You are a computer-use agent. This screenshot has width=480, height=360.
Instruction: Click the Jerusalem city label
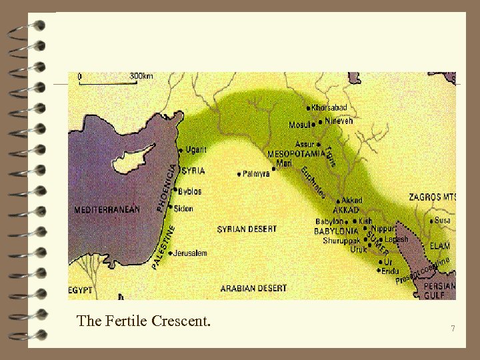pos(191,253)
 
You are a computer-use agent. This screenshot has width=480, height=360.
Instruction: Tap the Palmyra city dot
pos(239,174)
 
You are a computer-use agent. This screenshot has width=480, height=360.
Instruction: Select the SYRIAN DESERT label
pos(247,229)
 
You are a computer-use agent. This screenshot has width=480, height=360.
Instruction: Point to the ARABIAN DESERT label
pos(253,289)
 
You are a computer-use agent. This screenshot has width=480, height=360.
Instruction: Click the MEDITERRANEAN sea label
pos(107,209)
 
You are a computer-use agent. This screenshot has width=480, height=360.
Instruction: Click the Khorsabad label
pos(329,108)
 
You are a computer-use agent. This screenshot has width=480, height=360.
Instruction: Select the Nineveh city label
pos(339,121)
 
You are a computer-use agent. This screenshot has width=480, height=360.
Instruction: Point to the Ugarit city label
pos(196,150)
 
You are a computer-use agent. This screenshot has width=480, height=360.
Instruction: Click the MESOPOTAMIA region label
pos(295,154)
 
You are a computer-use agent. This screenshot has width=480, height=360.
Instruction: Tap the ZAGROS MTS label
pos(433,197)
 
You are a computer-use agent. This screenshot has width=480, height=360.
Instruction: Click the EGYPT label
pos(80,291)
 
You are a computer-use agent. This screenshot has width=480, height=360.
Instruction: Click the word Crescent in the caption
pos(181,321)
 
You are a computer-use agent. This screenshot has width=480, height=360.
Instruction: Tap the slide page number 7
pos(453,329)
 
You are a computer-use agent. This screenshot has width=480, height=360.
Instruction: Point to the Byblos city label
pos(190,191)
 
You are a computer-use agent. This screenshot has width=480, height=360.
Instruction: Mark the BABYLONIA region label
pos(337,231)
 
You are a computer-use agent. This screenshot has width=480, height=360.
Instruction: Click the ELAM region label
pos(439,246)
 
